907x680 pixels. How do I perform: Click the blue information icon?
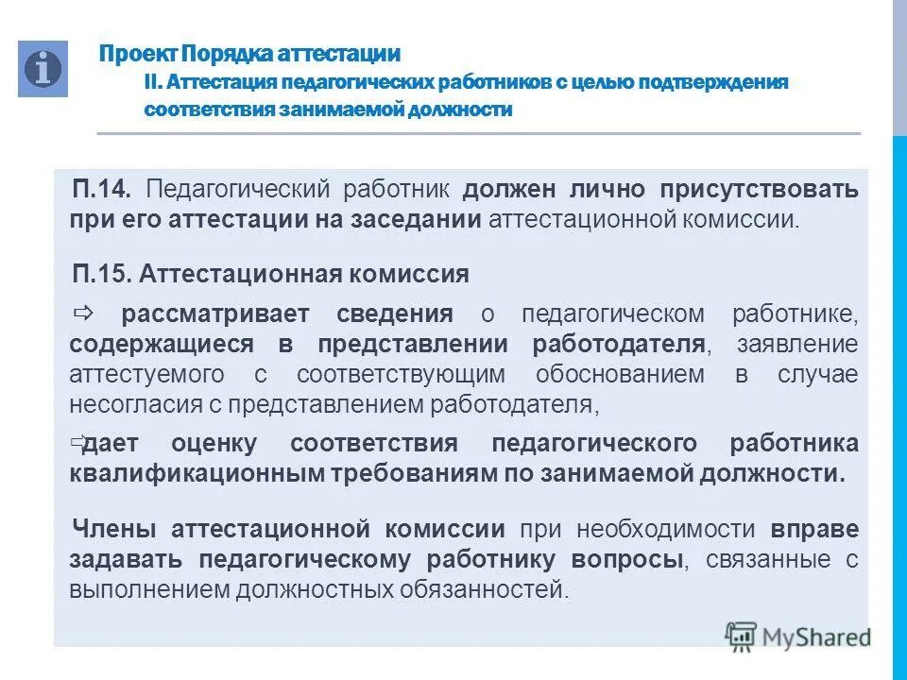[x=43, y=69]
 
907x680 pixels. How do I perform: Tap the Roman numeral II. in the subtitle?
[x=154, y=82]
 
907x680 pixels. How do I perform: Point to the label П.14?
[x=104, y=189]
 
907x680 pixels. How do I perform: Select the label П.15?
[x=104, y=275]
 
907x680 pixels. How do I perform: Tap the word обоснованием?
[x=620, y=374]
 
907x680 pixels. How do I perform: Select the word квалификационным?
[x=197, y=473]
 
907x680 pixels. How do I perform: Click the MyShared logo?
[x=798, y=636]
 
